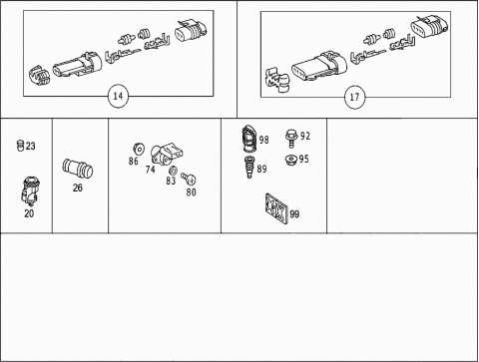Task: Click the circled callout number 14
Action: pos(118,96)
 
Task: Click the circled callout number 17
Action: pos(354,97)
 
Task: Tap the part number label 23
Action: pos(30,146)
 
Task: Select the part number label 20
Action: pos(29,213)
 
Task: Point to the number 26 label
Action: pos(78,187)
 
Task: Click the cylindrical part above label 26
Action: pos(78,169)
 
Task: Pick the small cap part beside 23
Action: pos(20,146)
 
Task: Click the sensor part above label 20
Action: pos(30,190)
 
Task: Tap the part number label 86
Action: pos(134,162)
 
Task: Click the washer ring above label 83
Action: pos(173,172)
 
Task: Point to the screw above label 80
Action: pos(189,179)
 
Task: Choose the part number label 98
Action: pos(263,140)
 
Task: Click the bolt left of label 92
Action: pos(291,139)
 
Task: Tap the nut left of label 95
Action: pos(291,160)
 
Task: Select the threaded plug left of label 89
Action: pos(249,168)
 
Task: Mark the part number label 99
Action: pos(294,214)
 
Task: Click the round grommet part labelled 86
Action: pos(139,149)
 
